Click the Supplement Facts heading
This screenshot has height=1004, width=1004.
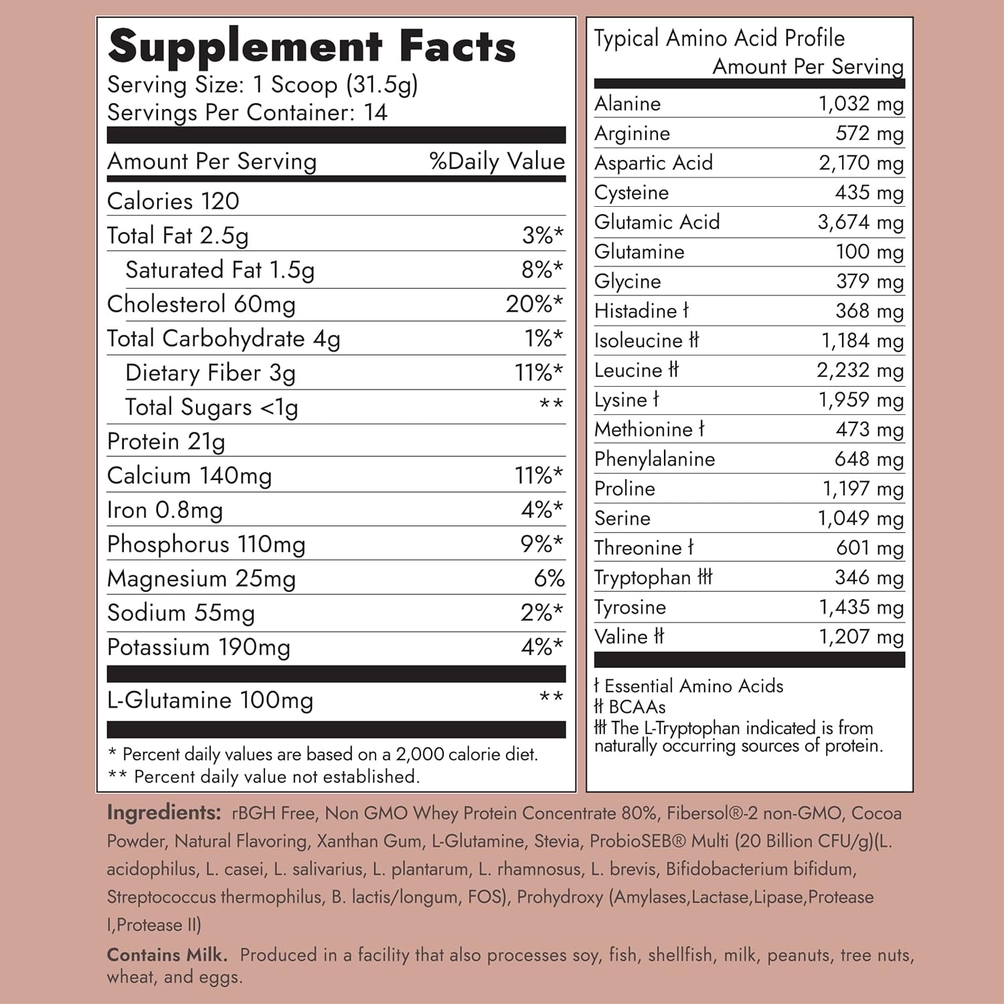(311, 47)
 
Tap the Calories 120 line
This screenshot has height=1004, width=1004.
(173, 201)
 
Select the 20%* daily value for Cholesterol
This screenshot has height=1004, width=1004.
(534, 304)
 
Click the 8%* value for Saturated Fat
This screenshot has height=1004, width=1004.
(542, 270)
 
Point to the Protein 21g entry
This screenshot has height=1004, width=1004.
(166, 442)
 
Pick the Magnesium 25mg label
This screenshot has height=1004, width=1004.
(201, 579)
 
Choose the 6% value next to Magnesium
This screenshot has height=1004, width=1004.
(549, 579)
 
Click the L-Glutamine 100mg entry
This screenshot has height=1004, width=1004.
(210, 700)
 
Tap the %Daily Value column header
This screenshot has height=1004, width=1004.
(497, 161)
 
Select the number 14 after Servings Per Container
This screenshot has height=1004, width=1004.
(375, 112)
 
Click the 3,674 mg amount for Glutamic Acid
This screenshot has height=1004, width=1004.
(860, 222)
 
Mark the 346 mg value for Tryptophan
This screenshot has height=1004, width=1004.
(869, 578)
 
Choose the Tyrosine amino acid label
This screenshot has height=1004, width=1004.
(630, 608)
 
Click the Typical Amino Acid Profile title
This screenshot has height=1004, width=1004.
(719, 38)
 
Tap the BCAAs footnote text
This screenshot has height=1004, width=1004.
(637, 707)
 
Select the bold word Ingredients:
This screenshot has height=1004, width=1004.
(164, 813)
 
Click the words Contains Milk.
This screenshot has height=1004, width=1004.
(167, 955)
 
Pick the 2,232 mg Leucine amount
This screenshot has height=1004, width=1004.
(859, 370)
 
